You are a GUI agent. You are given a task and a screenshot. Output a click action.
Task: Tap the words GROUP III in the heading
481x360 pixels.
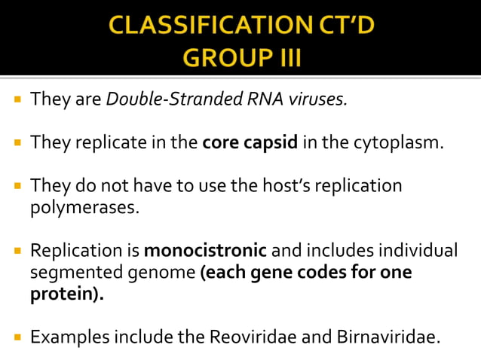pyautogui.click(x=240, y=57)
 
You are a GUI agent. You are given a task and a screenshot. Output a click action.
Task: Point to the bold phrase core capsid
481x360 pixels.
pyautogui.click(x=250, y=142)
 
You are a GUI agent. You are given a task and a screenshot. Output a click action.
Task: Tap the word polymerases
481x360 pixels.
pyautogui.click(x=84, y=206)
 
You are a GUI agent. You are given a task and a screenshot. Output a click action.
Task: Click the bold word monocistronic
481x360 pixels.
pyautogui.click(x=205, y=250)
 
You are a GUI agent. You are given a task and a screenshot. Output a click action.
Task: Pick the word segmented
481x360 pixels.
pyautogui.click(x=75, y=271)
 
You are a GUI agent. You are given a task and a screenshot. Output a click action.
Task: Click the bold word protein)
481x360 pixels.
pyautogui.click(x=66, y=293)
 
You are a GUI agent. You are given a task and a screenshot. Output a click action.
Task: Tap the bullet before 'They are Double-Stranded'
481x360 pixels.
pyautogui.click(x=17, y=99)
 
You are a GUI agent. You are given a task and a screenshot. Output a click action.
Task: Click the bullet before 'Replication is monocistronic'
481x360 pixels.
pyautogui.click(x=17, y=250)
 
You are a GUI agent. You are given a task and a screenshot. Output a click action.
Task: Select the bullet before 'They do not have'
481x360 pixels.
pyautogui.click(x=17, y=185)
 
